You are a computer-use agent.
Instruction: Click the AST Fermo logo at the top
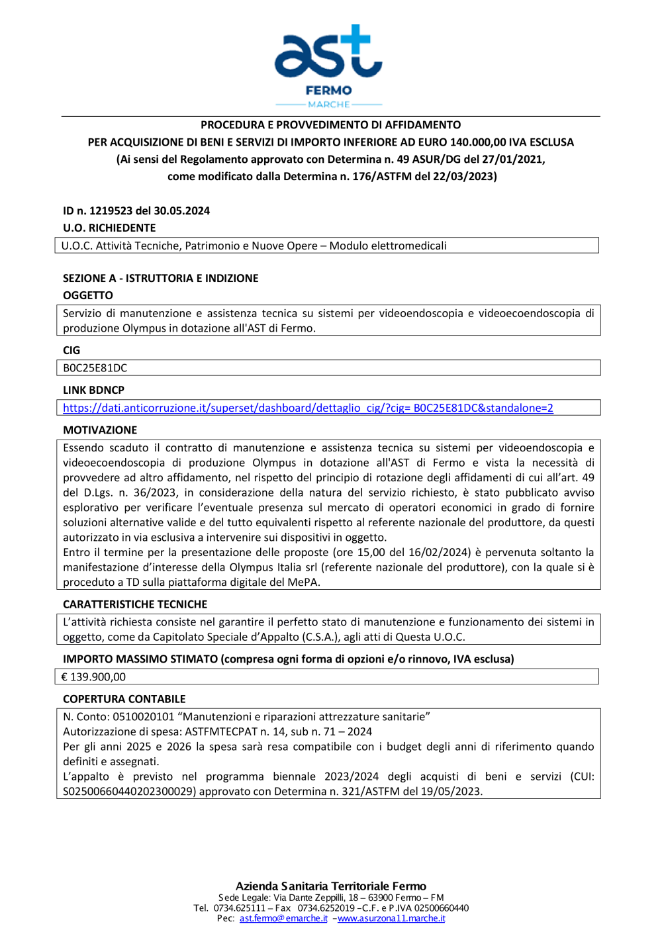329,66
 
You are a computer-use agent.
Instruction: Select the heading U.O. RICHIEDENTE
109,228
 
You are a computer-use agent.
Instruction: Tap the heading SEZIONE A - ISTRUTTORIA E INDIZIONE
160,278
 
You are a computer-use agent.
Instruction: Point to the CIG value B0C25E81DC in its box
95,368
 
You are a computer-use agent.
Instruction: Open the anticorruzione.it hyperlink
308,408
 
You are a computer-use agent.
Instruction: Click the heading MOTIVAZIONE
100,430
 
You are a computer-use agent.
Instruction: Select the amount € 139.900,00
93,677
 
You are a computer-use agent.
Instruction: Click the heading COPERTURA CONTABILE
124,699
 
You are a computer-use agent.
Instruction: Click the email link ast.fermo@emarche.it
283,918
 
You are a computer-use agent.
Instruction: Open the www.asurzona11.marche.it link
391,918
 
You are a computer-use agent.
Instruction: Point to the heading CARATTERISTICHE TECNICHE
135,604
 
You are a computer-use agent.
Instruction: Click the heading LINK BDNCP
93,390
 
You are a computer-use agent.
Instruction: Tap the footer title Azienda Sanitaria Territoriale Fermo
331,886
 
